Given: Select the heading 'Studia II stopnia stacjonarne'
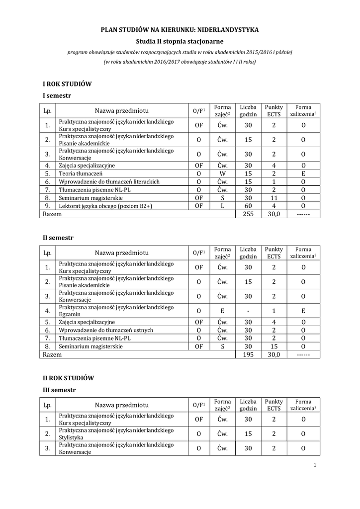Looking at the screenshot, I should [x=180, y=41].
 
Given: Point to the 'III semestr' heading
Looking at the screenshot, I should [x=59, y=390].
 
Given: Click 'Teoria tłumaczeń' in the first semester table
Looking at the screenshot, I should [x=81, y=173].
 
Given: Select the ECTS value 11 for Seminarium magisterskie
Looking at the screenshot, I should [x=273, y=197].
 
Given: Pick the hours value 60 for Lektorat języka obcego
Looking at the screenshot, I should [x=248, y=205].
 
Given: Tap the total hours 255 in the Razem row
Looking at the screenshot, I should [x=248, y=214].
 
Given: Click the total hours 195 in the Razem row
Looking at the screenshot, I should [x=248, y=354].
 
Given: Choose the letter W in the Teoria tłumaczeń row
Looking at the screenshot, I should [x=222, y=173].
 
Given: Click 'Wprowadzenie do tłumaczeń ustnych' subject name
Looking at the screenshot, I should [x=106, y=330].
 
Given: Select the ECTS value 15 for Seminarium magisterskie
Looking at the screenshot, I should [x=273, y=346].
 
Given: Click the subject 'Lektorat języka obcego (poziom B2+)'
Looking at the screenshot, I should [x=105, y=205].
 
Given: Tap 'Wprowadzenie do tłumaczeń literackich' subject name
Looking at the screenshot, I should [x=109, y=181].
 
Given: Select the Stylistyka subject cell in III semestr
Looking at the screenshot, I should [x=72, y=437].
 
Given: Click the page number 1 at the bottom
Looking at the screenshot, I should [x=315, y=465].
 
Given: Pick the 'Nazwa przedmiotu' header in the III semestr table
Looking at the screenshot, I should [x=122, y=405].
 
